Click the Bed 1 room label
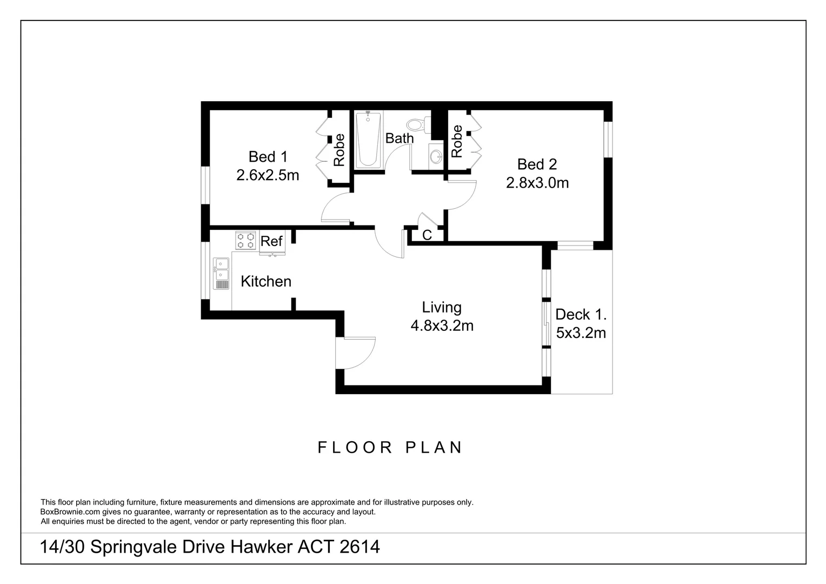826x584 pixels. tap(268, 157)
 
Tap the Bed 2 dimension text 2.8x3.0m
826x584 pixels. tap(537, 183)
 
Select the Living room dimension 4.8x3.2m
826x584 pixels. tap(442, 326)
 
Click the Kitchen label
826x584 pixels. tap(265, 281)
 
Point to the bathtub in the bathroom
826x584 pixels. tap(368, 139)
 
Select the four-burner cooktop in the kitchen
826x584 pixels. tap(245, 240)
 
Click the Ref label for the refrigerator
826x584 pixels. tap(271, 241)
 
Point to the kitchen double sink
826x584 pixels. tap(221, 274)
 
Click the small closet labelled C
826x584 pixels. tap(427, 235)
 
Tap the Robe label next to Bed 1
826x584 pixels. tap(339, 149)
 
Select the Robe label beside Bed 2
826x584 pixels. tap(457, 141)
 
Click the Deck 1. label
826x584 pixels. tap(581, 314)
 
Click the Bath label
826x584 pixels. tap(399, 138)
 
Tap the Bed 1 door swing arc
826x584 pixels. tap(334, 208)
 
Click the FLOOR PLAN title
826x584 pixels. tap(390, 447)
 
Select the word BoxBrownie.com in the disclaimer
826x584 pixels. tap(70, 512)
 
